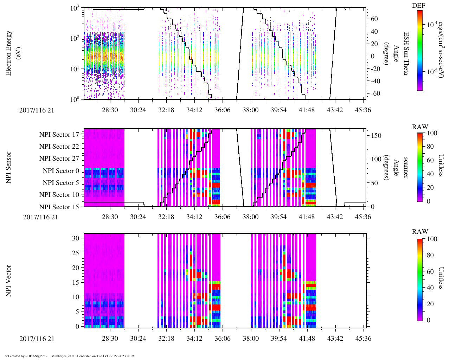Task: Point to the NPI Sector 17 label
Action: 59,134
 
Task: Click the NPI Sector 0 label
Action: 61,171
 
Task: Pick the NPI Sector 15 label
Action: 59,207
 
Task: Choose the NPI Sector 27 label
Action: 59,159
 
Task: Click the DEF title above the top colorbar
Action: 419,6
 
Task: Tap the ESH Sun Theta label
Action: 406,53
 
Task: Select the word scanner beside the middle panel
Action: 406,167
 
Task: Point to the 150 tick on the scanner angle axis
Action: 377,136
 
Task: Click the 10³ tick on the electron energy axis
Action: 75,8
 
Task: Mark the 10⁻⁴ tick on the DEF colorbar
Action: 432,25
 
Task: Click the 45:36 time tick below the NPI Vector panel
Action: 363,338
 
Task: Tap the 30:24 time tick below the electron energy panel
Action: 138,110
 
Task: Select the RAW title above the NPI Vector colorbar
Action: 420,232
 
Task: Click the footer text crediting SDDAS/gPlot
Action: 69,356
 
